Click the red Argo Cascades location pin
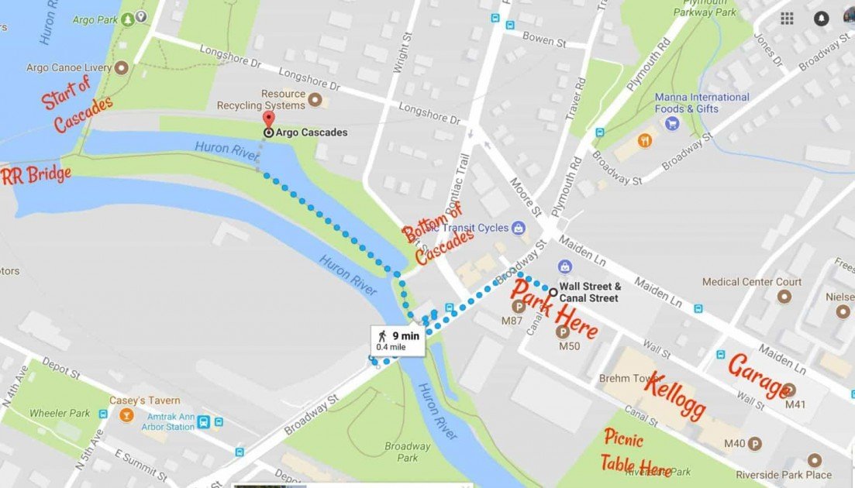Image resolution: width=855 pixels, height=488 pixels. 268,120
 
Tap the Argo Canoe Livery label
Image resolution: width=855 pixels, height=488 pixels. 69,68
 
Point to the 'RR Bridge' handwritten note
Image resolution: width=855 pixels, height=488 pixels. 36,175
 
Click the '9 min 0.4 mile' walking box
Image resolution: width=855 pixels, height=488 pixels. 398,341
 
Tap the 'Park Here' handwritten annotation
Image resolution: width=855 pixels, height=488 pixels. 553,310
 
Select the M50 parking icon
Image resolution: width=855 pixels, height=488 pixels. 564,332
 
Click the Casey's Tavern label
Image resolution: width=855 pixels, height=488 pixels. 154,400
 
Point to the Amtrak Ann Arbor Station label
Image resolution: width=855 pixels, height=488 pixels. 171,421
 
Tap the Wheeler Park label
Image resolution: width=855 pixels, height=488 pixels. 59,414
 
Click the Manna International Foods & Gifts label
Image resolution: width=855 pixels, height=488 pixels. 702,103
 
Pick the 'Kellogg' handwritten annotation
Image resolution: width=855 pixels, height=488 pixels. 674,396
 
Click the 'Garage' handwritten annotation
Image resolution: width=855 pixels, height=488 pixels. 759,376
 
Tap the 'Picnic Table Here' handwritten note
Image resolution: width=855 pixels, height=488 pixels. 635,453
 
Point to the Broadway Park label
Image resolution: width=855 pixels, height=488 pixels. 408,452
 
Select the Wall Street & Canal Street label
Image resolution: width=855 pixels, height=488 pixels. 589,292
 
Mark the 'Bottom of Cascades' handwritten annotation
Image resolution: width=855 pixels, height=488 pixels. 437,235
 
